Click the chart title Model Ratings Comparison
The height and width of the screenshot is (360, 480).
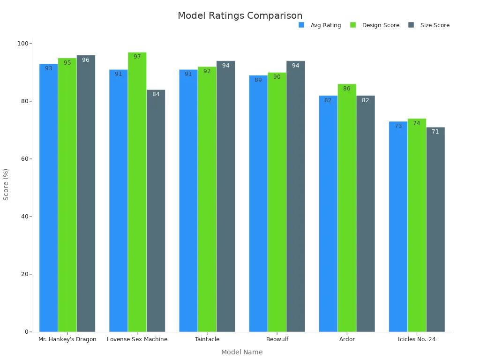(240, 15)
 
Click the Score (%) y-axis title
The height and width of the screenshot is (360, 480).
(6, 184)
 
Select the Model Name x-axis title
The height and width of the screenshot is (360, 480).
(242, 352)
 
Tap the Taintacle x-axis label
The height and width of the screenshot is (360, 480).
(207, 339)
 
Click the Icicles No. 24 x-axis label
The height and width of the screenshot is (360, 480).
(417, 339)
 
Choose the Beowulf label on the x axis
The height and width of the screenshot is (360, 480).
(277, 339)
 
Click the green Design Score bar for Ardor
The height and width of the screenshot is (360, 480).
(347, 211)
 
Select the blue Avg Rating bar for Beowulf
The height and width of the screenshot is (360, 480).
(258, 206)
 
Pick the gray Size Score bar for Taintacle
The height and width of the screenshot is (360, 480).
(225, 197)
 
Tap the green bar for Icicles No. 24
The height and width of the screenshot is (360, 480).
(417, 225)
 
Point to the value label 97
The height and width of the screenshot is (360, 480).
(137, 57)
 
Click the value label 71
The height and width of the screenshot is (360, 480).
(435, 132)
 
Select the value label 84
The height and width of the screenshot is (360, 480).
(156, 94)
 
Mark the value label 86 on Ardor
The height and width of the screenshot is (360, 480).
(347, 89)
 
